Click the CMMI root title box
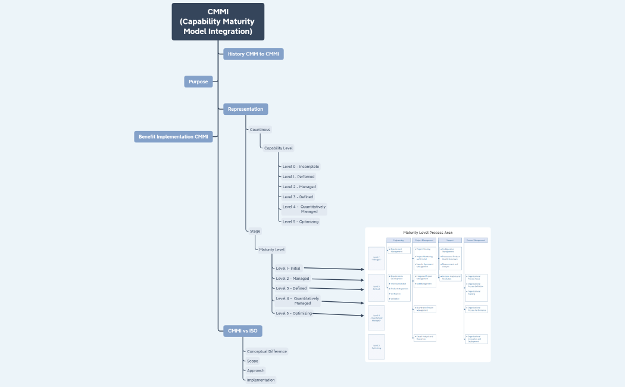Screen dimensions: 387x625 (x=218, y=21)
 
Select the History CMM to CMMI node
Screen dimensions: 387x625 (x=253, y=54)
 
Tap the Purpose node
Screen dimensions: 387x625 (x=198, y=82)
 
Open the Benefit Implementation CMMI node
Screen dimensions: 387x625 (x=173, y=136)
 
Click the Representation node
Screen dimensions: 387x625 (x=245, y=109)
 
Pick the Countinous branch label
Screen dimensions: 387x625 (x=260, y=129)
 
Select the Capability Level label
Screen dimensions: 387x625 (x=279, y=148)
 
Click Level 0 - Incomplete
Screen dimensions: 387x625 (x=301, y=167)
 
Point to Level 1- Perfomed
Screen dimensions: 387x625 (x=298, y=176)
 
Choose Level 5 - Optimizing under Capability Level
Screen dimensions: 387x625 (x=301, y=221)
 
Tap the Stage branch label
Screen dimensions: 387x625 (x=255, y=231)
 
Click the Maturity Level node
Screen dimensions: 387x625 (x=271, y=249)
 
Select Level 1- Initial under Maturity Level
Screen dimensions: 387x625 (x=288, y=268)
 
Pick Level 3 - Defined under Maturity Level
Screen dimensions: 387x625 (x=291, y=288)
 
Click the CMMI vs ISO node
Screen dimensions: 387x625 (x=243, y=331)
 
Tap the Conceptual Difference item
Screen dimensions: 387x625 (x=267, y=351)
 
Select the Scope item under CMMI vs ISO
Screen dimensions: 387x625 (x=252, y=361)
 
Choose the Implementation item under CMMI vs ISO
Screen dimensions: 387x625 (x=261, y=380)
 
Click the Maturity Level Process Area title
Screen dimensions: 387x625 (x=427, y=232)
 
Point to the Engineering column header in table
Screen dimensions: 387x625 (x=398, y=241)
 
